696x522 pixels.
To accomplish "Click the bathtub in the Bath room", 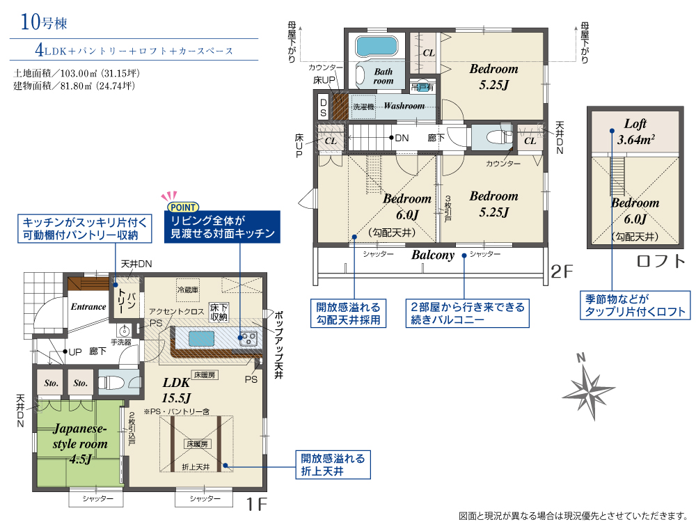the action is [376, 47].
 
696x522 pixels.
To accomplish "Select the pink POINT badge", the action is [183, 207].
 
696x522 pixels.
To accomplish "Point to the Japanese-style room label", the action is [80, 443].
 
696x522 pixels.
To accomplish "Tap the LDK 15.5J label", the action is [176, 390].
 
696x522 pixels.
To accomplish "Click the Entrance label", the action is [88, 307].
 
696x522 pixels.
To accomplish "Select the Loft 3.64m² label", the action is [635, 132].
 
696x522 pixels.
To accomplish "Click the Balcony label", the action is [433, 255].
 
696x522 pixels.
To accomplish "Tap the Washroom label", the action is [404, 106].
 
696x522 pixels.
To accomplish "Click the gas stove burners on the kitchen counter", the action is [247, 339].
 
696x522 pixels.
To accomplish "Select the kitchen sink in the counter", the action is [202, 339].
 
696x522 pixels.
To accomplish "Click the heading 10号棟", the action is [43, 22].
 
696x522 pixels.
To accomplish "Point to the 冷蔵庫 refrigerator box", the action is [188, 290].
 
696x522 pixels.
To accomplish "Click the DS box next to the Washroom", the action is [323, 108].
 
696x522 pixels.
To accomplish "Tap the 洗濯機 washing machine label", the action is [363, 106].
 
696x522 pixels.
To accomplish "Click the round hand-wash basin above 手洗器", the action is [125, 331].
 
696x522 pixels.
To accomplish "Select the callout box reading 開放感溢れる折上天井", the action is [333, 465].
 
